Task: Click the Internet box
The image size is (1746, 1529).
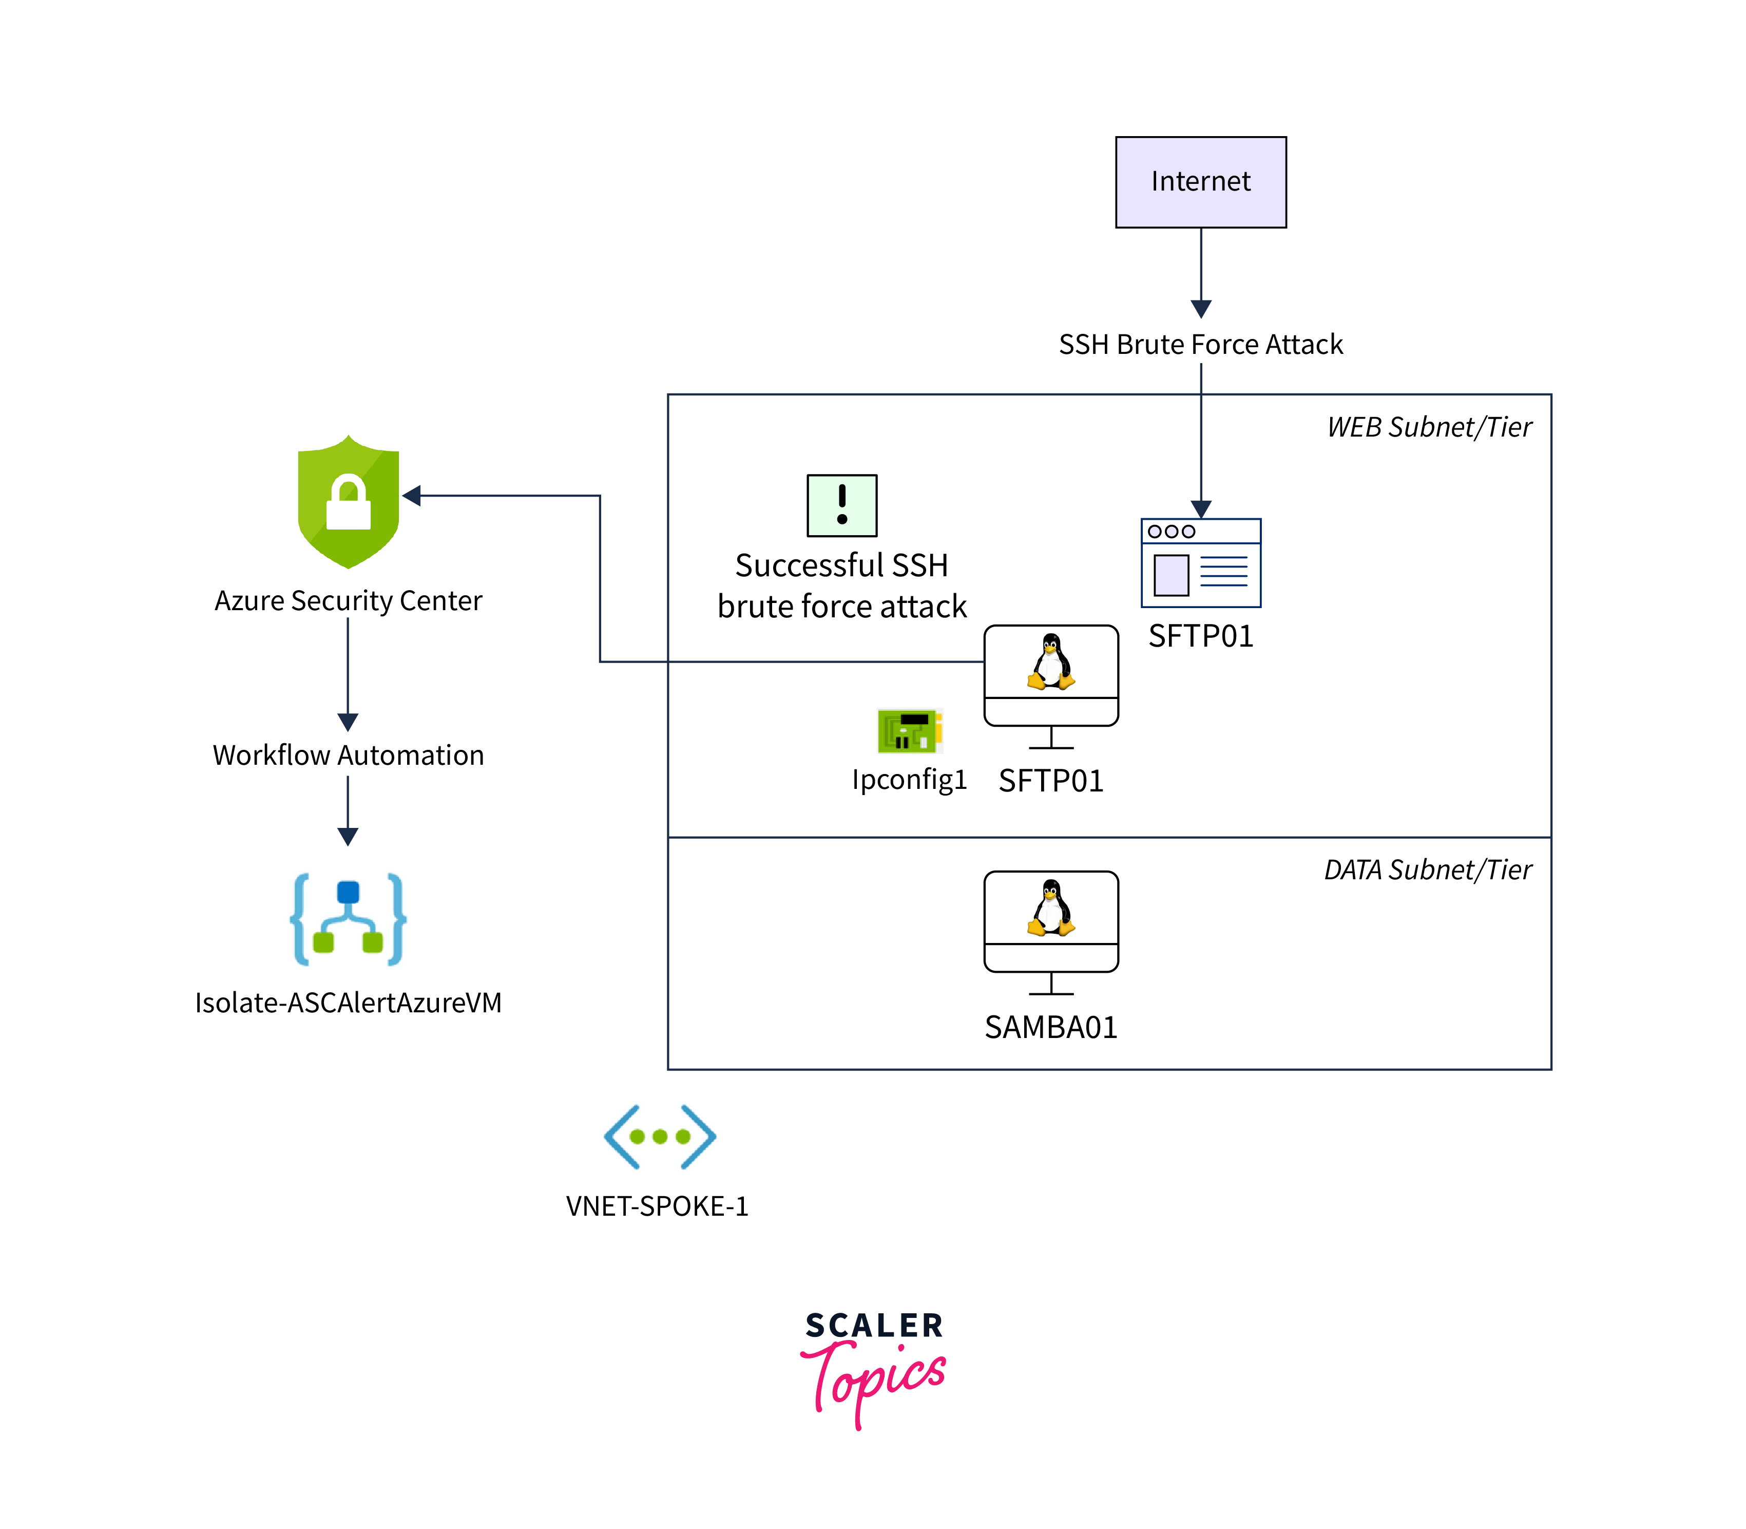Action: pyautogui.click(x=1200, y=182)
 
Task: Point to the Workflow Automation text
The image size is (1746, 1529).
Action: pyautogui.click(x=348, y=755)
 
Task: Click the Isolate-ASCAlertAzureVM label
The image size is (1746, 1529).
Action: pyautogui.click(x=348, y=1003)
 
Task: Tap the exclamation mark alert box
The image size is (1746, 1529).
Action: pyautogui.click(x=842, y=505)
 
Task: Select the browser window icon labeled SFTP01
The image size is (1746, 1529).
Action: pyautogui.click(x=1200, y=563)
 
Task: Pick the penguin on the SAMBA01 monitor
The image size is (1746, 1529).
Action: pyautogui.click(x=1051, y=908)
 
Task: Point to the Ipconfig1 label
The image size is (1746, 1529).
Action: pyautogui.click(x=909, y=780)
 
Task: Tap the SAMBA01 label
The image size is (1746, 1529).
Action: pyautogui.click(x=1051, y=1027)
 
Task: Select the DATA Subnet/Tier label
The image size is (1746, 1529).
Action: pyautogui.click(x=1427, y=870)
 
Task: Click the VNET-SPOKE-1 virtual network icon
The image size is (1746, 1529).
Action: pyautogui.click(x=659, y=1137)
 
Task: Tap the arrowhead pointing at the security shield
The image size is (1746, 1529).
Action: pyautogui.click(x=412, y=496)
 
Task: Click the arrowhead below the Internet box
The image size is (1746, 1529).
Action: pyautogui.click(x=1201, y=308)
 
